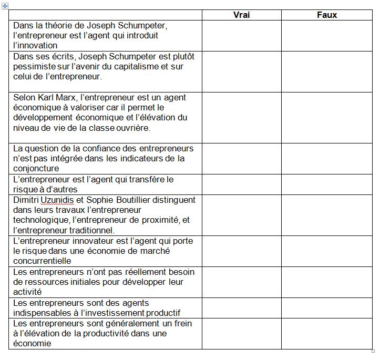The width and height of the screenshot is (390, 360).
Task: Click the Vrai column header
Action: [x=241, y=15]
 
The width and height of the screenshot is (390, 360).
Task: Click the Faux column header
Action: [x=327, y=15]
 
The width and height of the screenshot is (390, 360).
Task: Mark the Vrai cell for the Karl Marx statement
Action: [x=241, y=117]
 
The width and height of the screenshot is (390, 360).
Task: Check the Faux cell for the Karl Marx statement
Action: [x=327, y=117]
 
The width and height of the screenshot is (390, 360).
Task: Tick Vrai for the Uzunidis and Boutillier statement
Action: [x=241, y=215]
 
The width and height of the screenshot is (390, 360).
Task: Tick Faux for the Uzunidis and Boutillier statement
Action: [x=327, y=215]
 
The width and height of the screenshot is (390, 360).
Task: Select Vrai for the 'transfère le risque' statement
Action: [x=241, y=184]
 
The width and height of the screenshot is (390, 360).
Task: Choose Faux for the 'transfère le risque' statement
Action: [x=327, y=184]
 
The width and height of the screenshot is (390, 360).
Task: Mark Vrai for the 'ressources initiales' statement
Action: [x=241, y=282]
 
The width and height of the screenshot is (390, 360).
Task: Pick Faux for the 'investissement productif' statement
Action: [x=327, y=308]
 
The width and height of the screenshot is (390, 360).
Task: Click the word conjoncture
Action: [x=36, y=169]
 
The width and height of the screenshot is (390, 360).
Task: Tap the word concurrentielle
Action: [x=42, y=261]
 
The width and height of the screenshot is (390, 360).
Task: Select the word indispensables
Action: [x=40, y=313]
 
